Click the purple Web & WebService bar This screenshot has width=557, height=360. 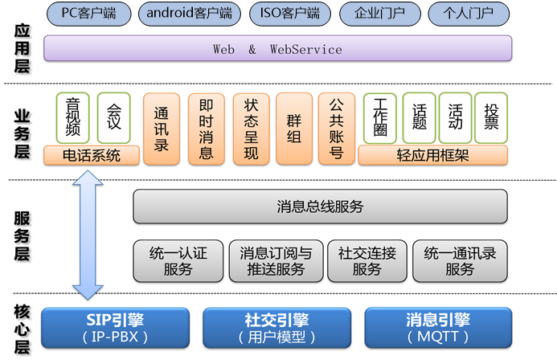277,49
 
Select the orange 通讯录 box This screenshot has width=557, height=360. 161,129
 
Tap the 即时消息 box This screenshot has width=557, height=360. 205,129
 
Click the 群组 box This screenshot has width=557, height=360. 293,129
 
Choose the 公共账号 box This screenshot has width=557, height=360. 337,129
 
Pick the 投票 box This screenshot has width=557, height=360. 490,117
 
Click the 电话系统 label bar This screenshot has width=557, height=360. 92,155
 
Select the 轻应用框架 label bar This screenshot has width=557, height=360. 433,155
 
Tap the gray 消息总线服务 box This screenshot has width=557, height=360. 319,207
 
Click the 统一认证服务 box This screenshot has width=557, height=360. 178,260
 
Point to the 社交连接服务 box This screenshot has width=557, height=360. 367,260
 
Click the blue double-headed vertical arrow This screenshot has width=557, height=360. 87,233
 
